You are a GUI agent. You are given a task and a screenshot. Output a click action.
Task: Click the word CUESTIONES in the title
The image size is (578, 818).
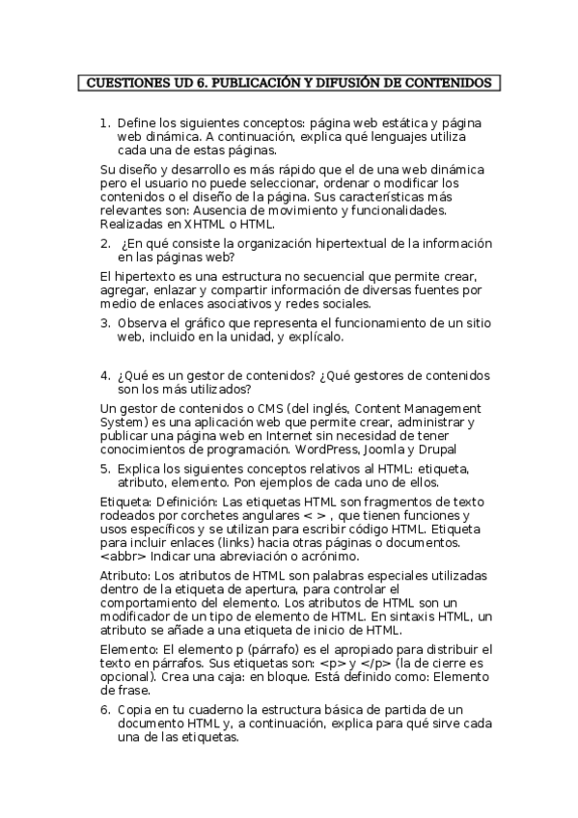[x=123, y=83]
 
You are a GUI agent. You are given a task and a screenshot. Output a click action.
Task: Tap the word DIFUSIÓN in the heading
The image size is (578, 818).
[x=338, y=83]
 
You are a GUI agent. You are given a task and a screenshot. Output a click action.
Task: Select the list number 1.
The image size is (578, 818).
[x=105, y=123]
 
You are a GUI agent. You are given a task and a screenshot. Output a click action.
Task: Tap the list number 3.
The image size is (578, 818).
[x=105, y=323]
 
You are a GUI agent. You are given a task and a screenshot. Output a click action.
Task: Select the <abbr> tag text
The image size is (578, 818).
[x=122, y=557]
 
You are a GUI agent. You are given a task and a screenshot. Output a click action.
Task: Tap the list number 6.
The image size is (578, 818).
[x=105, y=710]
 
